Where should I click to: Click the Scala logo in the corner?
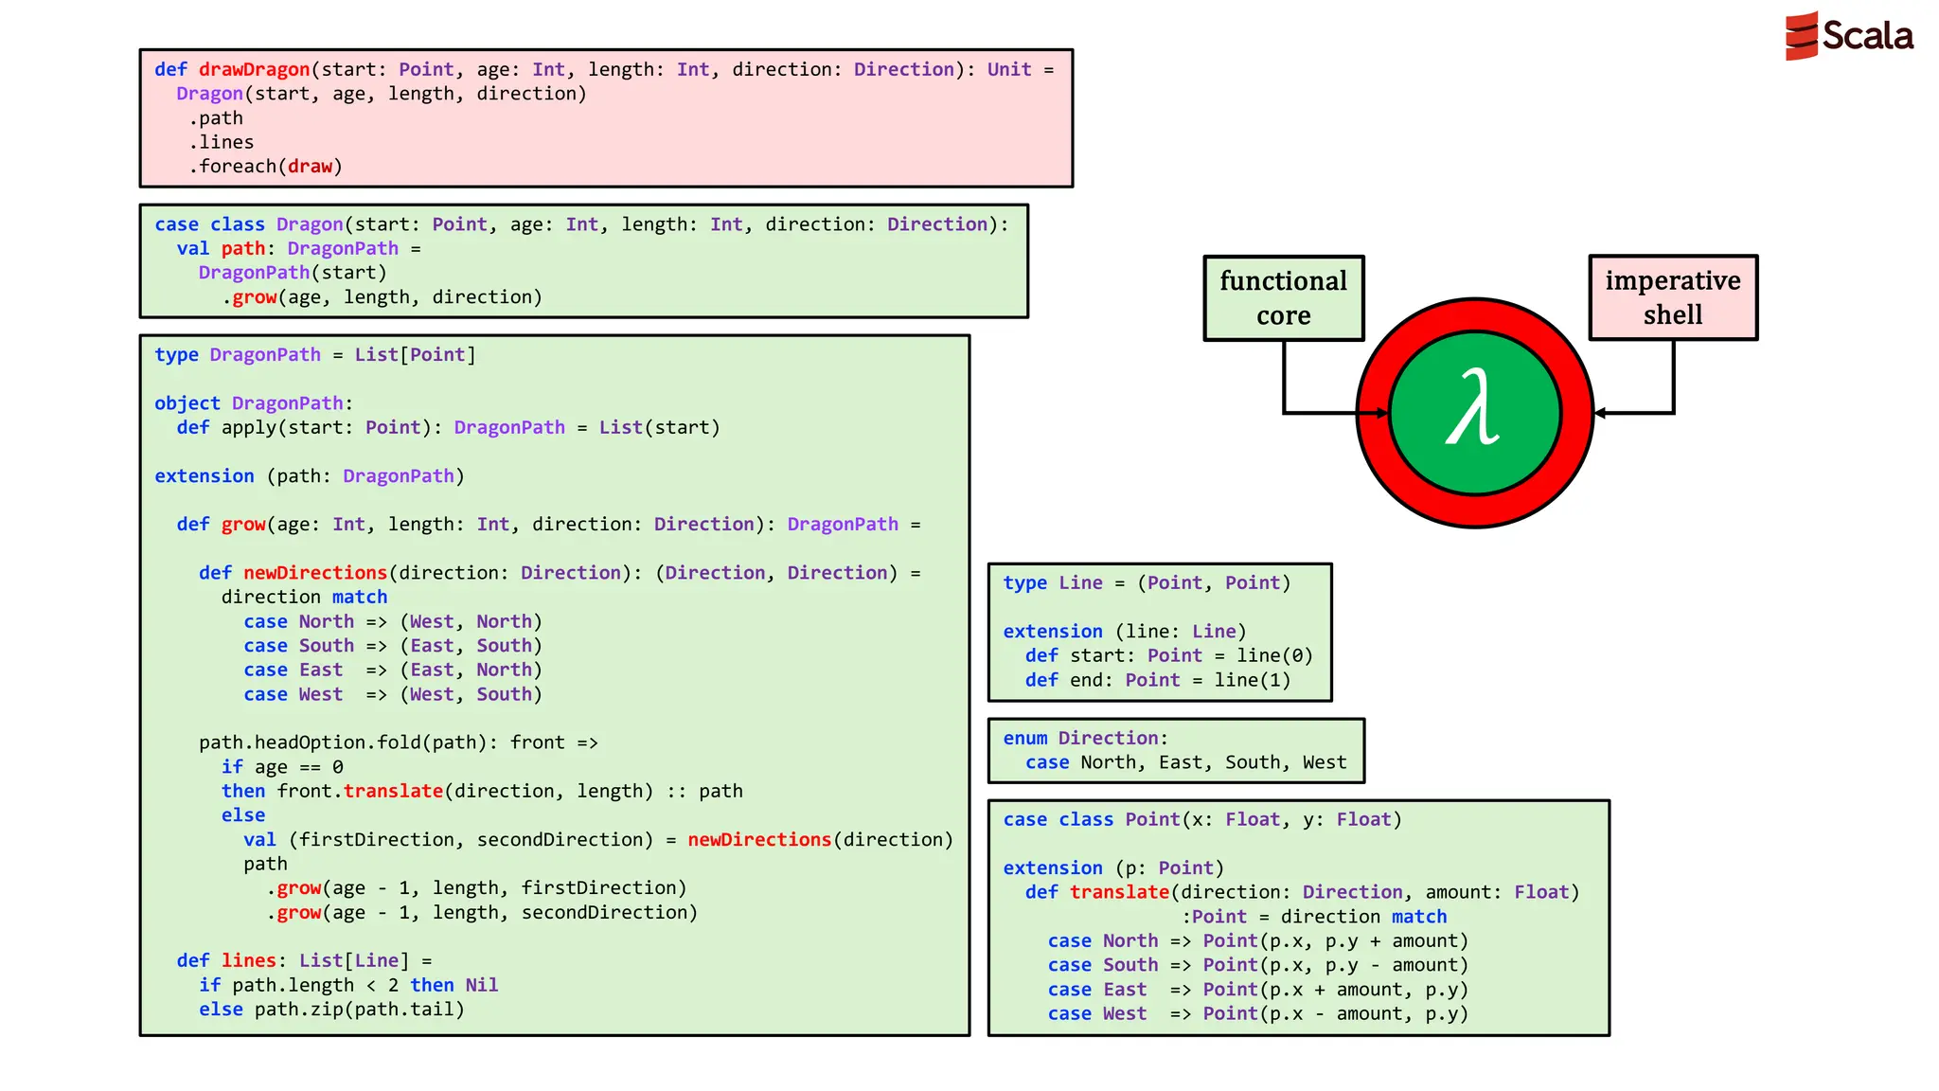point(1848,36)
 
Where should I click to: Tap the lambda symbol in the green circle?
point(1473,409)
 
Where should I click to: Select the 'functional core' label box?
point(1283,297)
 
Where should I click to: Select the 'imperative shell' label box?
point(1672,297)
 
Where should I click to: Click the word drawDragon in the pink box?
point(254,69)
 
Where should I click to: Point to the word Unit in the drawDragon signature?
point(1008,69)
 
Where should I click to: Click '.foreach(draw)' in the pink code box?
point(265,167)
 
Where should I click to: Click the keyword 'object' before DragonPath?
point(187,403)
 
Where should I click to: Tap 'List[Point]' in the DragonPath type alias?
point(415,355)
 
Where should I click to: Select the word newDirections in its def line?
point(315,573)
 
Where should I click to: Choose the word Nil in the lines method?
point(481,985)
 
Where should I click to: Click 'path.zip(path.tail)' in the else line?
point(359,1010)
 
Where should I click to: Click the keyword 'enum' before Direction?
point(1024,738)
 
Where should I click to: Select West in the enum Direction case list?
point(1324,762)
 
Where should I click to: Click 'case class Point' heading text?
point(1091,819)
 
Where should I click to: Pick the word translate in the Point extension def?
point(1119,892)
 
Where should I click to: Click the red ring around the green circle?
point(1373,414)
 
